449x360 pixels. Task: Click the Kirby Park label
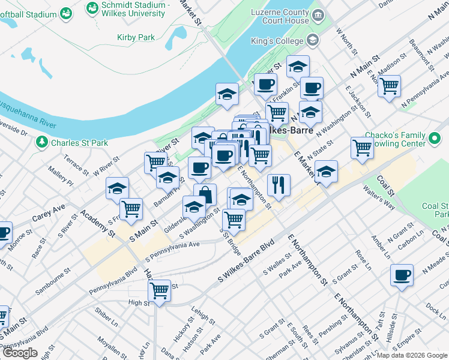[136, 37]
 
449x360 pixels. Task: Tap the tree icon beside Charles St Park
[42, 142]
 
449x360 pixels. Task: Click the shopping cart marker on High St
[159, 290]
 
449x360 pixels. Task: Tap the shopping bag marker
[205, 194]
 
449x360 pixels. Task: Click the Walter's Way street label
[379, 196]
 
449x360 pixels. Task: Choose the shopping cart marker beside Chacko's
[363, 146]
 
